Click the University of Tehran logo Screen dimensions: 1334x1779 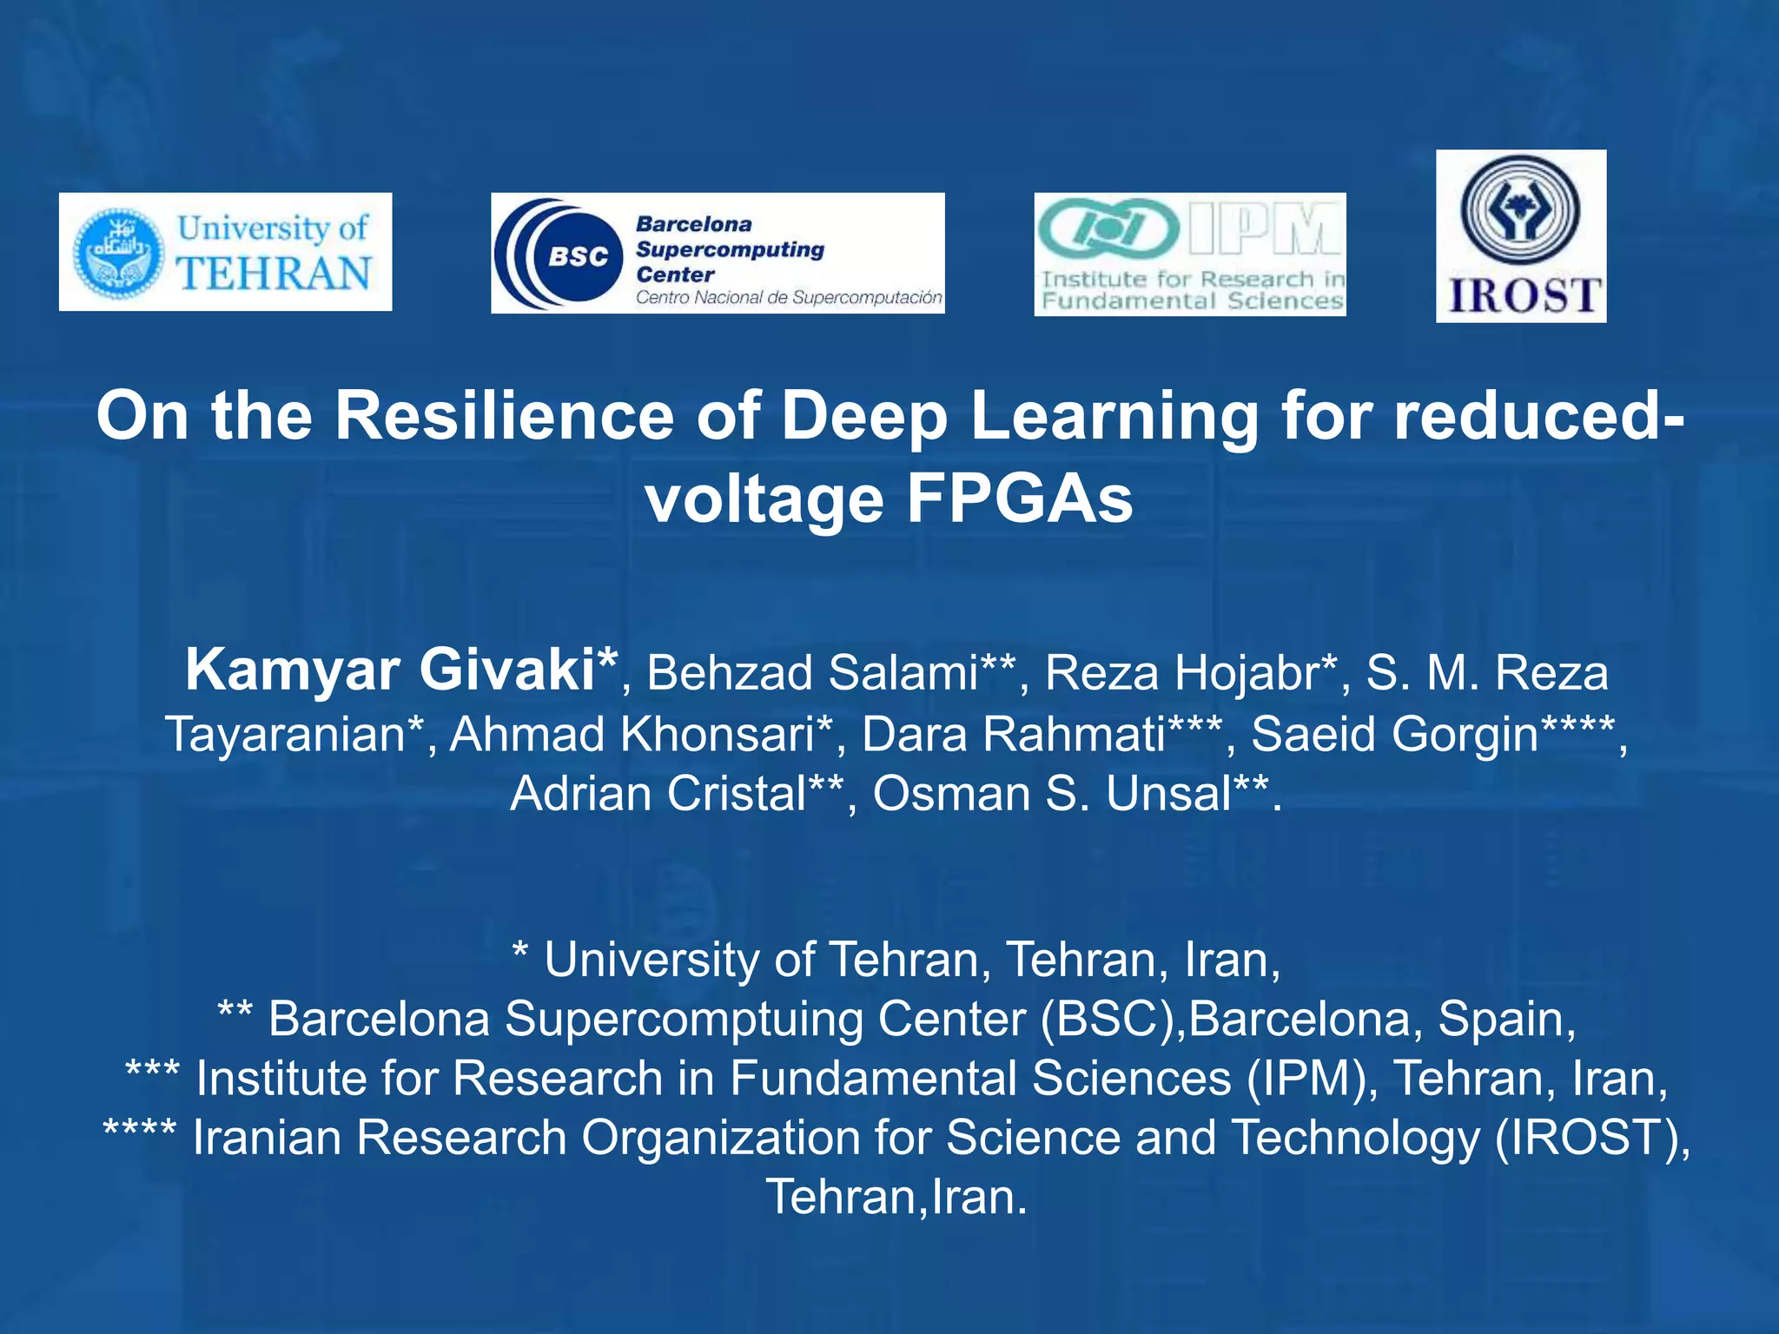pyautogui.click(x=225, y=252)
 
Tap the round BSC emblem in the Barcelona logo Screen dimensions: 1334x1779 pyautogui.click(x=577, y=255)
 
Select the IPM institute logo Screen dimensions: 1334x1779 pyautogui.click(x=1189, y=254)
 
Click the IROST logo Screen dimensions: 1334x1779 pyautogui.click(x=1520, y=236)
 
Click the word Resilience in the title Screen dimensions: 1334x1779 pyautogui.click(x=504, y=416)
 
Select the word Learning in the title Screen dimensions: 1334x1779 pyautogui.click(x=1114, y=416)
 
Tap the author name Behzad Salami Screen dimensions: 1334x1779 pyautogui.click(x=813, y=673)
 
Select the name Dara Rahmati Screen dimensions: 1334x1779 pyautogui.click(x=1013, y=734)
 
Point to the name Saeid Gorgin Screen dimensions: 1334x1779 pyautogui.click(x=1394, y=734)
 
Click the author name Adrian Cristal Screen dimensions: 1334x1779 pyautogui.click(x=658, y=794)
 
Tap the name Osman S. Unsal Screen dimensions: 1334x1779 pyautogui.click(x=1051, y=794)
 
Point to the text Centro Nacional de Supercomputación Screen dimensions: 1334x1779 pyautogui.click(x=788, y=298)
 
